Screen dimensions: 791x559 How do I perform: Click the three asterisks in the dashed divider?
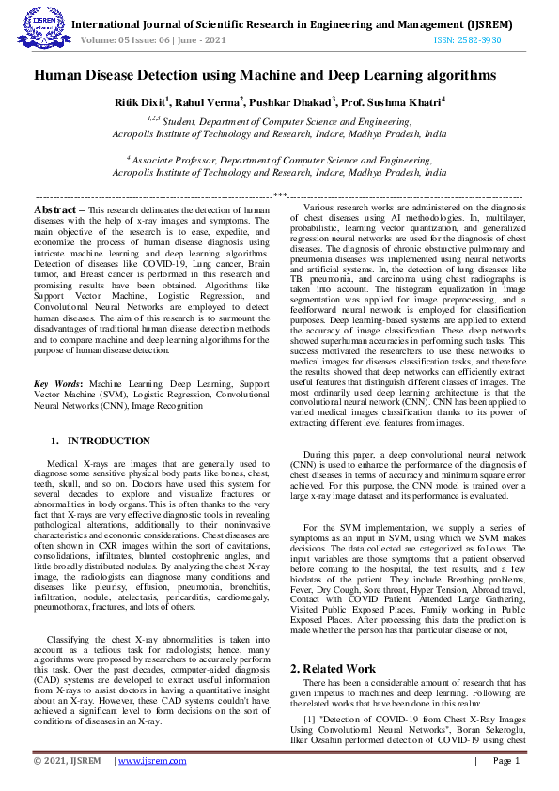279,195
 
